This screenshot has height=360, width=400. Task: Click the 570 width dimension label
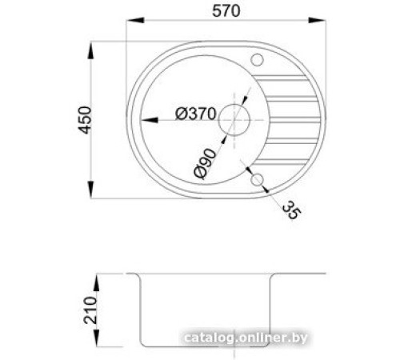[226, 11]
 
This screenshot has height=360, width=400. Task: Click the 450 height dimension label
[85, 120]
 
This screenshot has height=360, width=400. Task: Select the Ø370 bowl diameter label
[195, 114]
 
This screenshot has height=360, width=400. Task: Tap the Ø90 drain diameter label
[205, 163]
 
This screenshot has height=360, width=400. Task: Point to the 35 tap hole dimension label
[291, 210]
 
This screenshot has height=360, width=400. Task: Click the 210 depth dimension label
[90, 310]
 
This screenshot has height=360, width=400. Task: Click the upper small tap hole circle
[258, 60]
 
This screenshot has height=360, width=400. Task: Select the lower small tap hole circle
[257, 180]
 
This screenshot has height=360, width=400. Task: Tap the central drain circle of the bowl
[234, 120]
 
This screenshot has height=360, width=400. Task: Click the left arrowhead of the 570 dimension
[135, 20]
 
